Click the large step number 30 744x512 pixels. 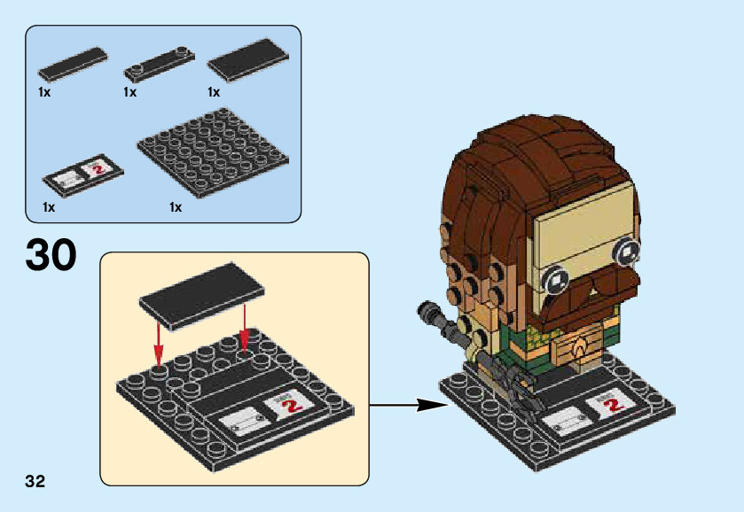[x=51, y=255]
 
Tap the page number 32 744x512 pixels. [x=35, y=482]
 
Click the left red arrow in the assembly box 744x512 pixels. [x=158, y=340]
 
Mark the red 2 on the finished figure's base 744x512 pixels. [x=611, y=404]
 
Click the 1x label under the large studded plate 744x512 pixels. [x=176, y=208]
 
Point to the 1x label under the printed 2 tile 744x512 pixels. [x=48, y=208]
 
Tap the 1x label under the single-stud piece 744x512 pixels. [x=129, y=92]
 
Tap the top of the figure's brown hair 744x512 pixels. [x=532, y=142]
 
